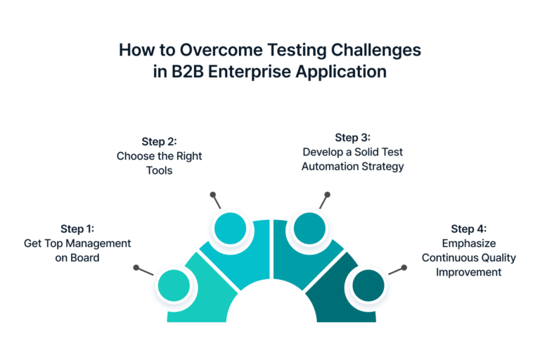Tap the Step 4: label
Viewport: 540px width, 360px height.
click(469, 229)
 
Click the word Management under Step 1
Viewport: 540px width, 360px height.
click(100, 243)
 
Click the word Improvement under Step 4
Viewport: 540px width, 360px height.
click(469, 271)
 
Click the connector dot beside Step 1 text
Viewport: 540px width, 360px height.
click(136, 267)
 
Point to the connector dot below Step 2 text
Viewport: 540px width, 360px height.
click(211, 193)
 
